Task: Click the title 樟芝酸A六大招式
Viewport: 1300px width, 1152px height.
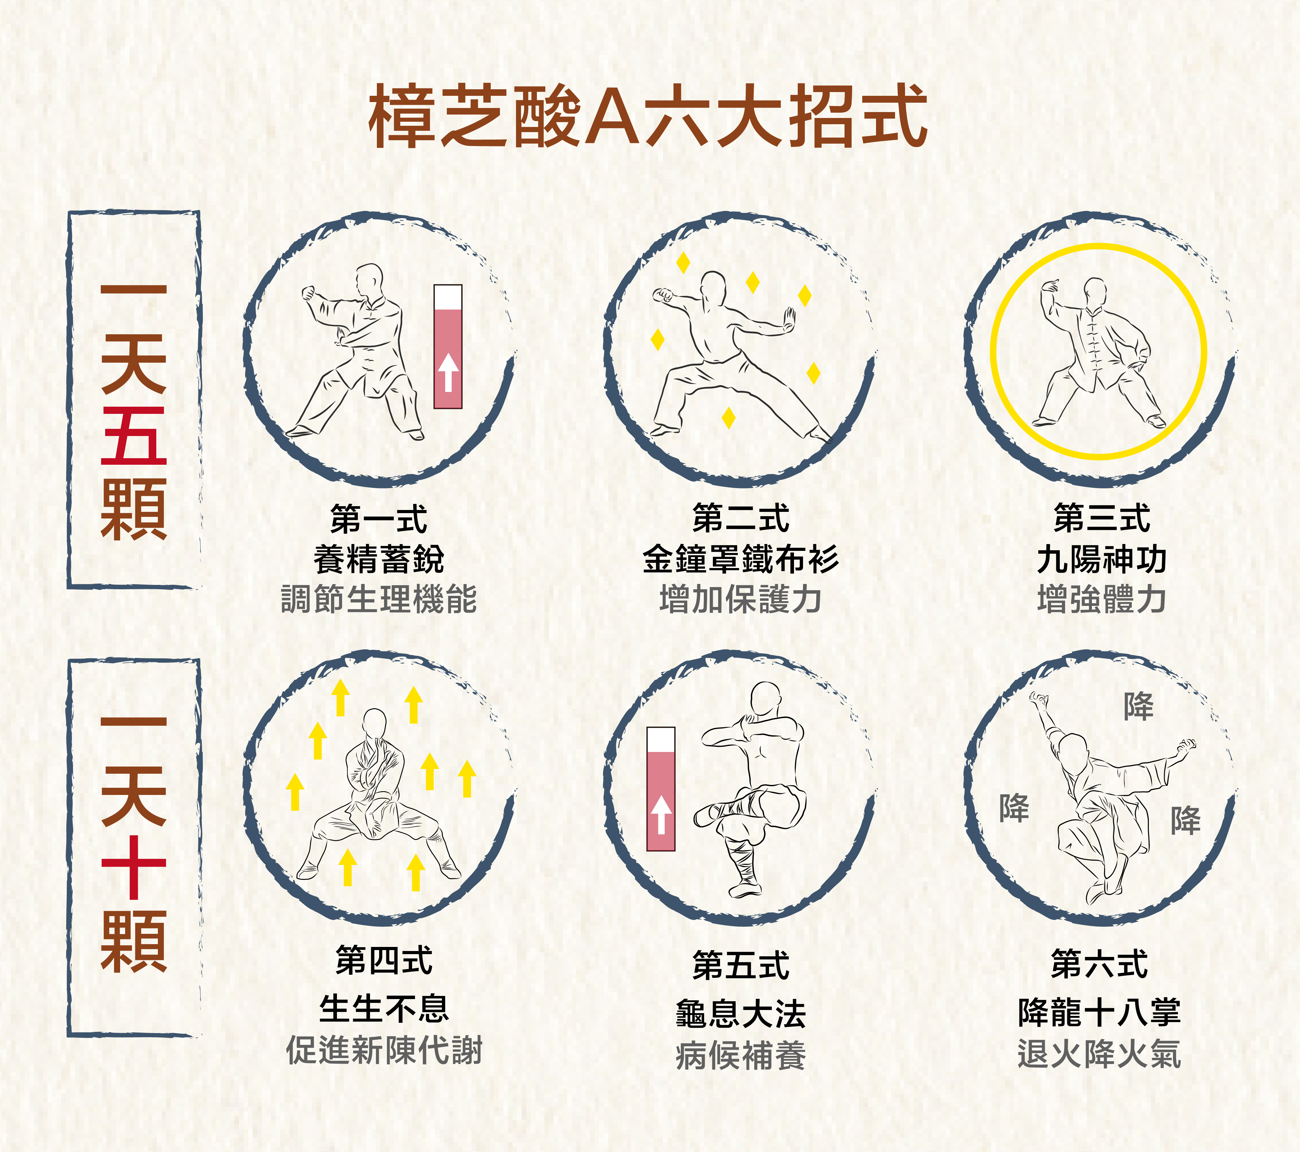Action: [x=647, y=116]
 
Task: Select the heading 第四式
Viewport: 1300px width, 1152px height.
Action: [x=384, y=961]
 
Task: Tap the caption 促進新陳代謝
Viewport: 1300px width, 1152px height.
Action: [x=384, y=1050]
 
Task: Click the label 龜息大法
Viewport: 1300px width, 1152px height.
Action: [x=741, y=1013]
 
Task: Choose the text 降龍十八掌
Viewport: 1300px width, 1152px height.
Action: [x=1100, y=1012]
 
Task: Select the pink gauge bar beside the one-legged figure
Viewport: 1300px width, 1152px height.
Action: [x=661, y=789]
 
